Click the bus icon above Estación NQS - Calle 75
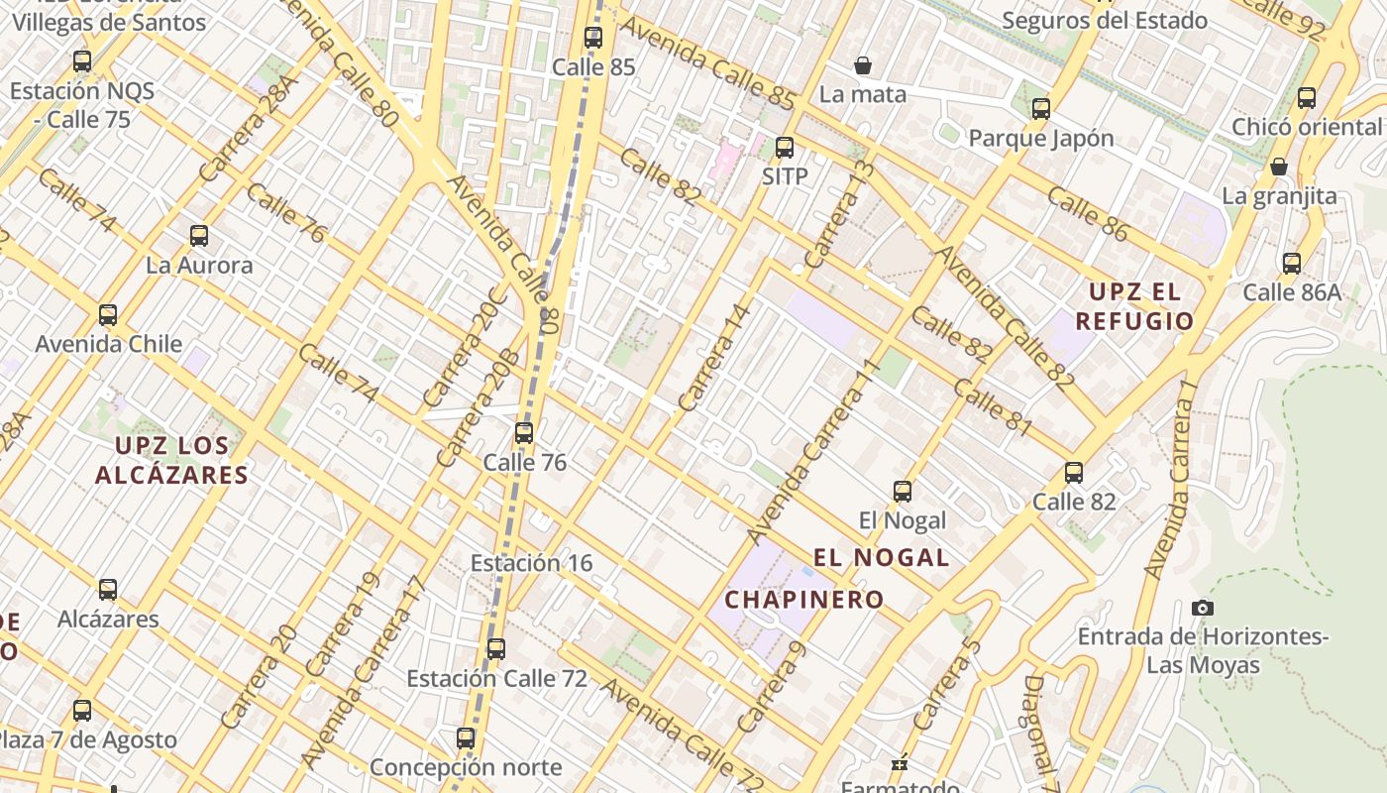(82, 61)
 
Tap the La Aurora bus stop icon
(199, 236)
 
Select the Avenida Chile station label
(109, 344)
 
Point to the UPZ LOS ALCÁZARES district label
(171, 461)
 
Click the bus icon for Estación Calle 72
(496, 649)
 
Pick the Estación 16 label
(531, 563)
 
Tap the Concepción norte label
(466, 767)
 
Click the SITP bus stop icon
(785, 148)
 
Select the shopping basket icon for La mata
(863, 65)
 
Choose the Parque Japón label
(1041, 138)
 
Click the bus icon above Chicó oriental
(1307, 97)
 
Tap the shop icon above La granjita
(1279, 166)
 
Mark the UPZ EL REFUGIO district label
(1134, 306)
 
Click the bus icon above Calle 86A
(1292, 263)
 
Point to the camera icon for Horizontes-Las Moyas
(1203, 608)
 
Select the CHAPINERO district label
(804, 600)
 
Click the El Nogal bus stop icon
(903, 491)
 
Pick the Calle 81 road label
(994, 406)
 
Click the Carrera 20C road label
(465, 347)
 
